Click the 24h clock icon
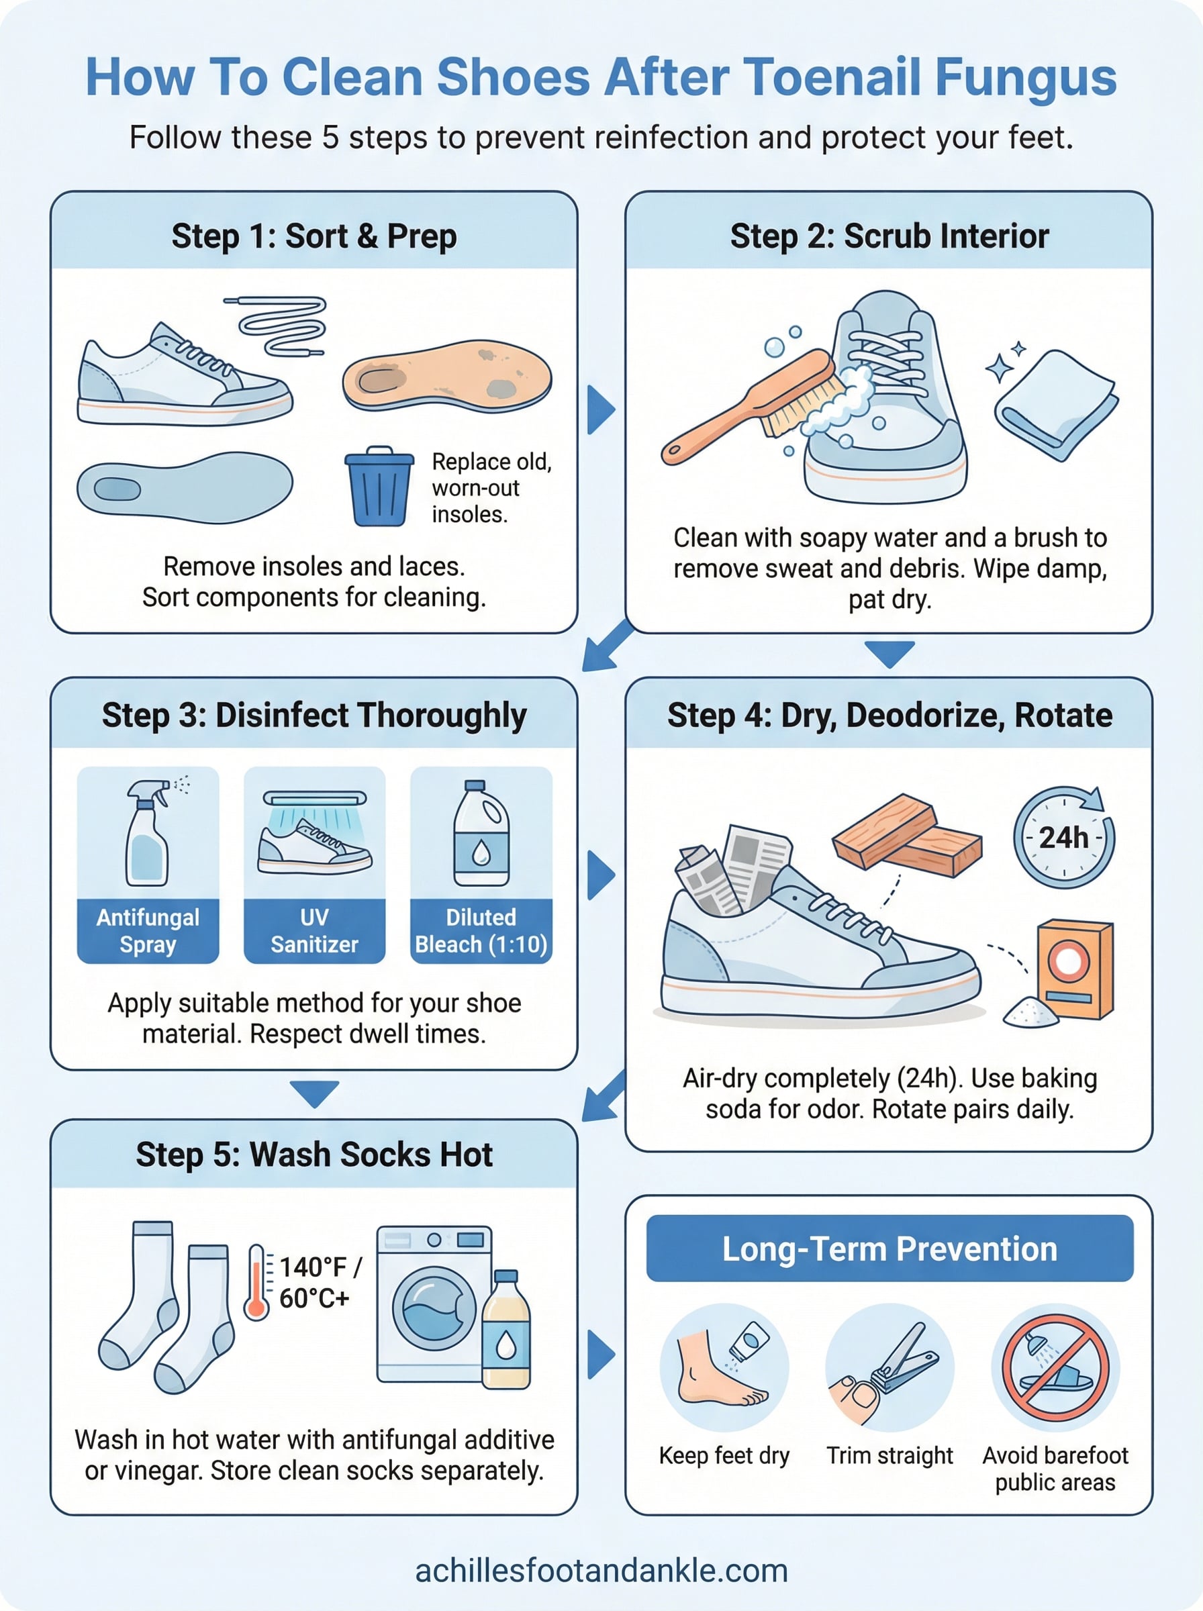click(1063, 837)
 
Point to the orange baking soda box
click(1075, 969)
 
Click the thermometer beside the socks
click(256, 1281)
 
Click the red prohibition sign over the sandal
click(1055, 1367)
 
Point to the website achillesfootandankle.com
click(601, 1570)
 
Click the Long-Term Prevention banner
click(889, 1249)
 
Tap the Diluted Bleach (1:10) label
click(481, 930)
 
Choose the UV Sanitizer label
click(315, 930)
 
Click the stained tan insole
click(447, 376)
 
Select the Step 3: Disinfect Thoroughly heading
click(314, 715)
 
